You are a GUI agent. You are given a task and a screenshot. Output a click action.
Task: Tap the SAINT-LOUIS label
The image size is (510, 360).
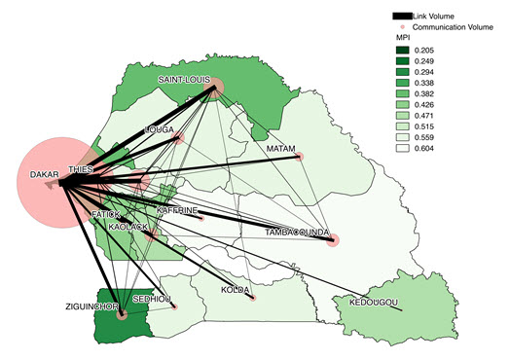click(x=186, y=79)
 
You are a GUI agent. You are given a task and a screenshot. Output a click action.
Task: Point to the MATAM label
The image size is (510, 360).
click(x=281, y=149)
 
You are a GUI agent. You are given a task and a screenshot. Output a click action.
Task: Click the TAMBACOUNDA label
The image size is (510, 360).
click(x=297, y=233)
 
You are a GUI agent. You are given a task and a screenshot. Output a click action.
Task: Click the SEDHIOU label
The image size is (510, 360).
click(x=154, y=300)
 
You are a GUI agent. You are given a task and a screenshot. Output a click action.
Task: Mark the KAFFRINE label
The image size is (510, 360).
click(x=177, y=211)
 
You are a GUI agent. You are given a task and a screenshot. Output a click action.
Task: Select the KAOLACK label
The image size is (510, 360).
click(x=128, y=227)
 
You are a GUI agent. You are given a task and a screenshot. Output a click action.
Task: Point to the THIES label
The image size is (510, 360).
click(x=85, y=168)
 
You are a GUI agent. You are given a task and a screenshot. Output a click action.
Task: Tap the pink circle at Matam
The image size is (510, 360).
click(x=301, y=157)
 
